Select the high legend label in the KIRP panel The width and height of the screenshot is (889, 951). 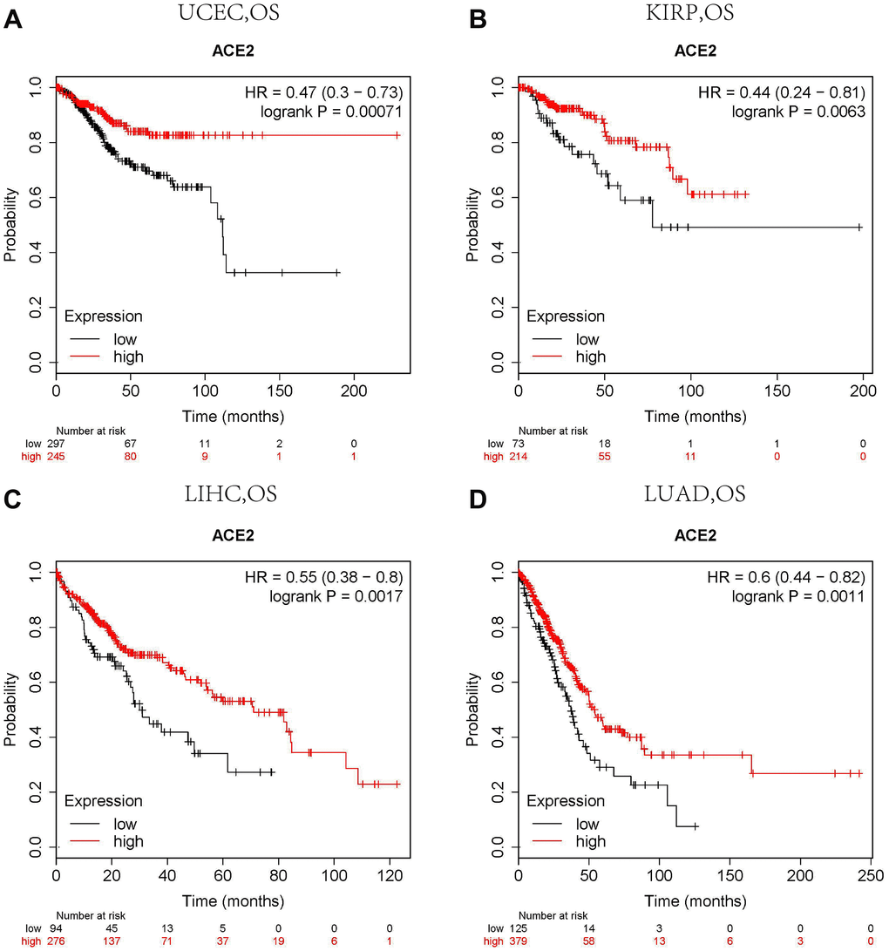tap(591, 356)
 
